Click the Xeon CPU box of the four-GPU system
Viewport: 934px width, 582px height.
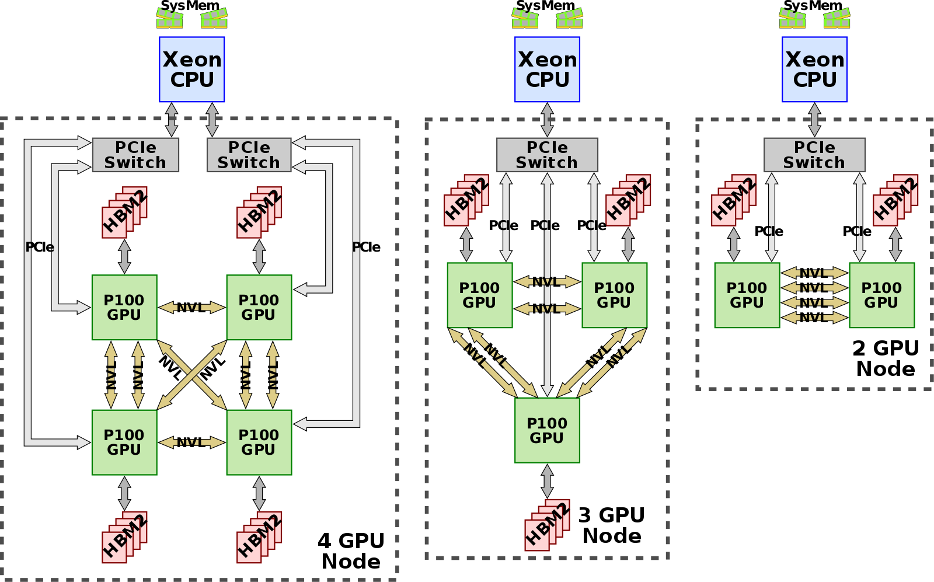point(191,69)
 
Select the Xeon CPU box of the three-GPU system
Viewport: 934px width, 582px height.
point(547,69)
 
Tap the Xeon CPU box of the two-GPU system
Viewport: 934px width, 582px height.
point(814,69)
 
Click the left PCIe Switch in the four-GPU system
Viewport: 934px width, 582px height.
point(135,155)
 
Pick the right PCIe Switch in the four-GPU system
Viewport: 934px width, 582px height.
point(249,155)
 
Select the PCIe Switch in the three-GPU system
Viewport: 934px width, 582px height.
point(547,155)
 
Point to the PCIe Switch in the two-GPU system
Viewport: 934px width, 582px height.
point(814,155)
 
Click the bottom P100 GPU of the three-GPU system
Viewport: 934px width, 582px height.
point(547,430)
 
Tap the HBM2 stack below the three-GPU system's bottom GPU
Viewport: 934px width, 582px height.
point(547,525)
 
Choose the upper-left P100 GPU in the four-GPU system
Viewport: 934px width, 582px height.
point(124,307)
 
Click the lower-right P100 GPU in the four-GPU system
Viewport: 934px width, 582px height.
point(259,442)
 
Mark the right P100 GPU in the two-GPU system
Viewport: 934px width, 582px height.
point(881,295)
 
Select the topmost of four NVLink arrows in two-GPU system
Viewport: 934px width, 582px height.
point(814,273)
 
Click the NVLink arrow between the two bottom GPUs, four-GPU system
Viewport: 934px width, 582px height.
point(191,442)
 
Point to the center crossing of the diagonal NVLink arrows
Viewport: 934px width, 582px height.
point(191,375)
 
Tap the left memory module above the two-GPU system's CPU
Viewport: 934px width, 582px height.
point(792,19)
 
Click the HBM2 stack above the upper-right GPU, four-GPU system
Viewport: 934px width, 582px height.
point(259,212)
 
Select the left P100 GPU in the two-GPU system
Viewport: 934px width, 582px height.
point(747,295)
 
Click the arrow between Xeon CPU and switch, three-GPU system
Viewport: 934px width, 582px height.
point(547,120)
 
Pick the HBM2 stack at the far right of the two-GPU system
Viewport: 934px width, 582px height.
point(895,200)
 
